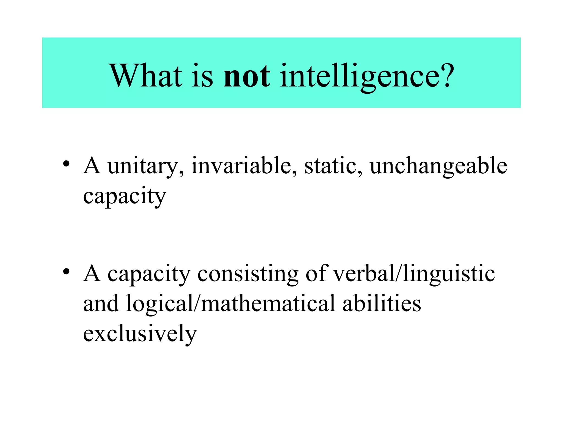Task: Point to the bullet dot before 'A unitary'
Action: click(x=66, y=164)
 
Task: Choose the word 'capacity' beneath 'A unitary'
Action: click(x=125, y=197)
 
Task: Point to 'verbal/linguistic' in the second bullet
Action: click(x=414, y=274)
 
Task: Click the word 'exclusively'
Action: click(x=140, y=334)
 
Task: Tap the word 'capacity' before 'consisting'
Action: click(x=149, y=274)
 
